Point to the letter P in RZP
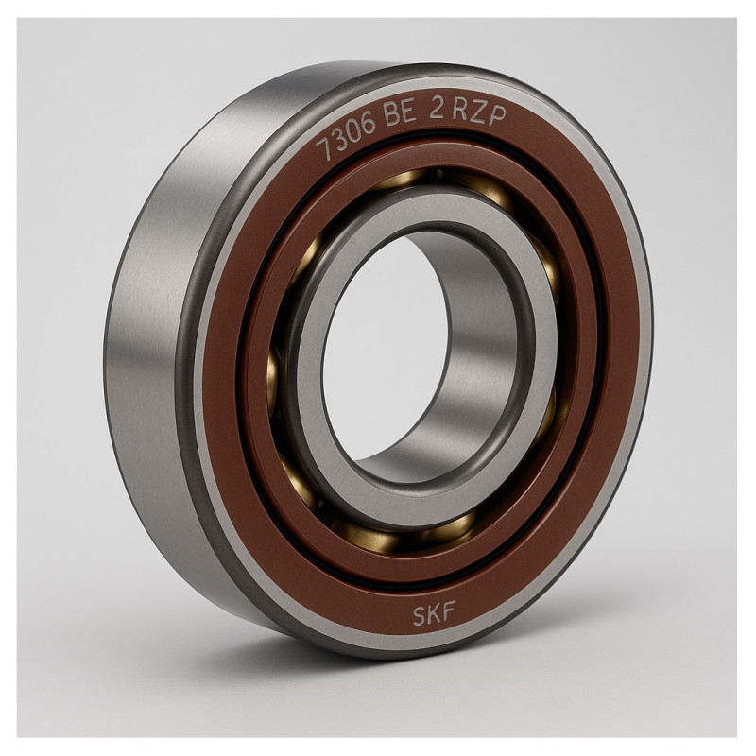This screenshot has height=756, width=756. [x=498, y=116]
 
